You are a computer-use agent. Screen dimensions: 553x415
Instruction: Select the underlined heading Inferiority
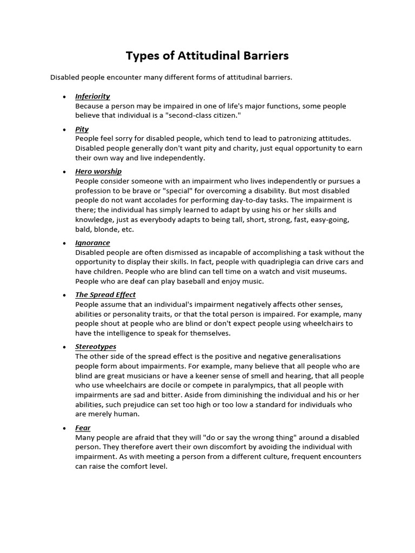pyautogui.click(x=92, y=96)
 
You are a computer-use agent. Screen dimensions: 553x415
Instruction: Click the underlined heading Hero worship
pyautogui.click(x=98, y=171)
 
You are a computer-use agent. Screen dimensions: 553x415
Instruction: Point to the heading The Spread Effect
pyautogui.click(x=105, y=294)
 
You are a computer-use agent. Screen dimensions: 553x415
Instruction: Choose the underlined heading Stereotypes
pyautogui.click(x=96, y=346)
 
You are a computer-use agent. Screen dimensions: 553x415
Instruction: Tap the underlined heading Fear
pyautogui.click(x=83, y=428)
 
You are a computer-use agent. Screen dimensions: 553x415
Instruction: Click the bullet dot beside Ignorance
pyautogui.click(x=64, y=243)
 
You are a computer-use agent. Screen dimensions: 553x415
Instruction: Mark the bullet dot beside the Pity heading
pyautogui.click(x=64, y=130)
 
